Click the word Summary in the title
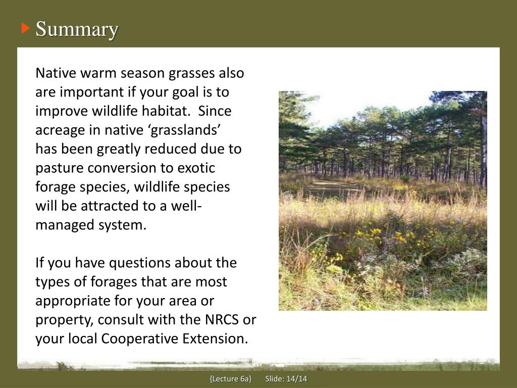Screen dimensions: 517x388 tap(77, 29)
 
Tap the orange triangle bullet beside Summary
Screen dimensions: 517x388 tap(25, 28)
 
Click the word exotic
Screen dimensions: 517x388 tap(196, 168)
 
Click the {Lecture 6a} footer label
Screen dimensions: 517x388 tap(230, 379)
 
